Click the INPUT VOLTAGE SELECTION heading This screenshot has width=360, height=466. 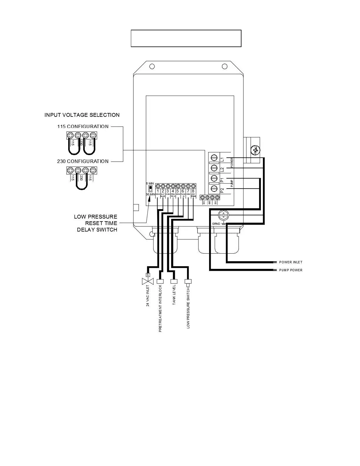(82, 115)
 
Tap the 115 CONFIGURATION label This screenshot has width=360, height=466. (83, 127)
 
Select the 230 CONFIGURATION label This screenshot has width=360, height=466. (83, 161)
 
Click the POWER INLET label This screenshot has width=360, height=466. (291, 262)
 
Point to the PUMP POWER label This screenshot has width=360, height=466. (291, 270)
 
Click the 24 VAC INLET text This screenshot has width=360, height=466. (148, 296)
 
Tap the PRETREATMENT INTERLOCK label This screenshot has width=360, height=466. (160, 308)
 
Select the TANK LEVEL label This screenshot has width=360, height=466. (174, 294)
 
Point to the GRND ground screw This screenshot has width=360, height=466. (224, 216)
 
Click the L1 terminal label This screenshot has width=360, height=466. (222, 159)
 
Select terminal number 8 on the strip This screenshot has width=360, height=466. (193, 191)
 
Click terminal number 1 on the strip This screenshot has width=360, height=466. (158, 191)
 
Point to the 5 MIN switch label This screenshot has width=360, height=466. (150, 184)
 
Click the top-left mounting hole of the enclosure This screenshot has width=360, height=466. (152, 66)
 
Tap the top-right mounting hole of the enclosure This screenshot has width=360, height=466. (225, 66)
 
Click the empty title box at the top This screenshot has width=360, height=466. (186, 38)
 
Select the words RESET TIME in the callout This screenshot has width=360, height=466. (101, 223)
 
